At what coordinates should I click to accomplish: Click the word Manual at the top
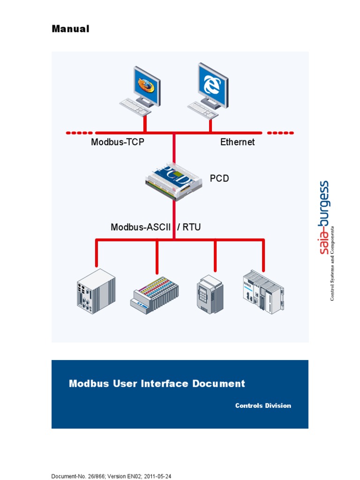pyautogui.click(x=70, y=29)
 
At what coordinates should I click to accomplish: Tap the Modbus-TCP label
pyautogui.click(x=117, y=142)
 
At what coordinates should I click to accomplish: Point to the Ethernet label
pyautogui.click(x=238, y=142)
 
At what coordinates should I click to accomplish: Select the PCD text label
pyautogui.click(x=219, y=179)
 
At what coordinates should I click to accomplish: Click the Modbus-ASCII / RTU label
pyautogui.click(x=156, y=227)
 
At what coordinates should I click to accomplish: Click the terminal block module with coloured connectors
pyautogui.click(x=154, y=294)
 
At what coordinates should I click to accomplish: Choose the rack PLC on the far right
pyautogui.click(x=263, y=291)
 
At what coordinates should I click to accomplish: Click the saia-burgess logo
pyautogui.click(x=324, y=217)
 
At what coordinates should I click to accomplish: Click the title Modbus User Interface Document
pyautogui.click(x=157, y=383)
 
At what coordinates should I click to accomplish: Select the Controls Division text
pyautogui.click(x=263, y=405)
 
